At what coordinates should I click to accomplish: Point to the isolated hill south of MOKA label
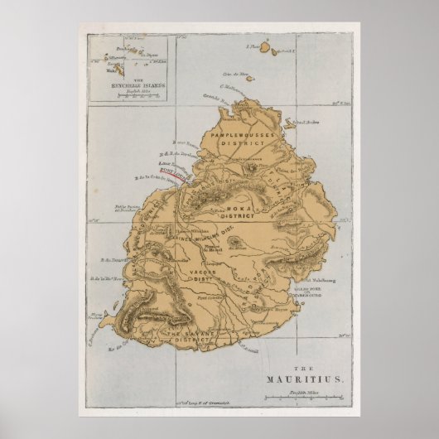236,242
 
